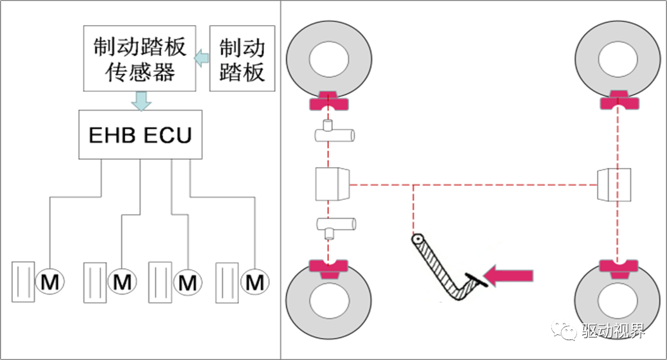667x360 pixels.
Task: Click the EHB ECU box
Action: (x=139, y=135)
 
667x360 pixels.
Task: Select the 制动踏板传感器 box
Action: (x=139, y=59)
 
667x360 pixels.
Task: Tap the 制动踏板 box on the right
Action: (x=242, y=59)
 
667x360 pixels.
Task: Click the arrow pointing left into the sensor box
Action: (x=202, y=57)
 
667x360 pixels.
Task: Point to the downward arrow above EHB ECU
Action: (x=141, y=100)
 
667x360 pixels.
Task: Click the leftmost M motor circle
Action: (x=49, y=282)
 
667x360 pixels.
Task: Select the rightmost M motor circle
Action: (x=255, y=282)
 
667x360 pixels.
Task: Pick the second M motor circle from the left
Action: (x=121, y=282)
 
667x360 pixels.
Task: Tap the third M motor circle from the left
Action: (x=186, y=282)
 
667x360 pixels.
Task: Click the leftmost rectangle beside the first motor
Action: (x=24, y=282)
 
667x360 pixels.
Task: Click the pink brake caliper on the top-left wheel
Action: (x=328, y=101)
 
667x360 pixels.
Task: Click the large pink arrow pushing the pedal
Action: (x=508, y=276)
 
